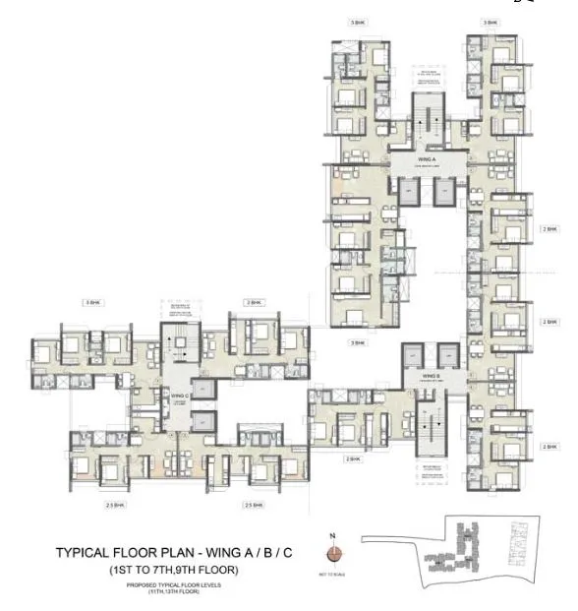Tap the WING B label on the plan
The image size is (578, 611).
(x=430, y=375)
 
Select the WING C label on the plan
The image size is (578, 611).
(x=179, y=397)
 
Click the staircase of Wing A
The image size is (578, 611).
(x=428, y=119)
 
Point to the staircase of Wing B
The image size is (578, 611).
(x=430, y=420)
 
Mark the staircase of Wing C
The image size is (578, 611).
(x=179, y=345)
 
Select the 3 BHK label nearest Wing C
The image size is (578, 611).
(x=93, y=302)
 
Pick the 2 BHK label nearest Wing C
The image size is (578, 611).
(x=253, y=302)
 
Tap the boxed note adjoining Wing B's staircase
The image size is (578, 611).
(x=430, y=468)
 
